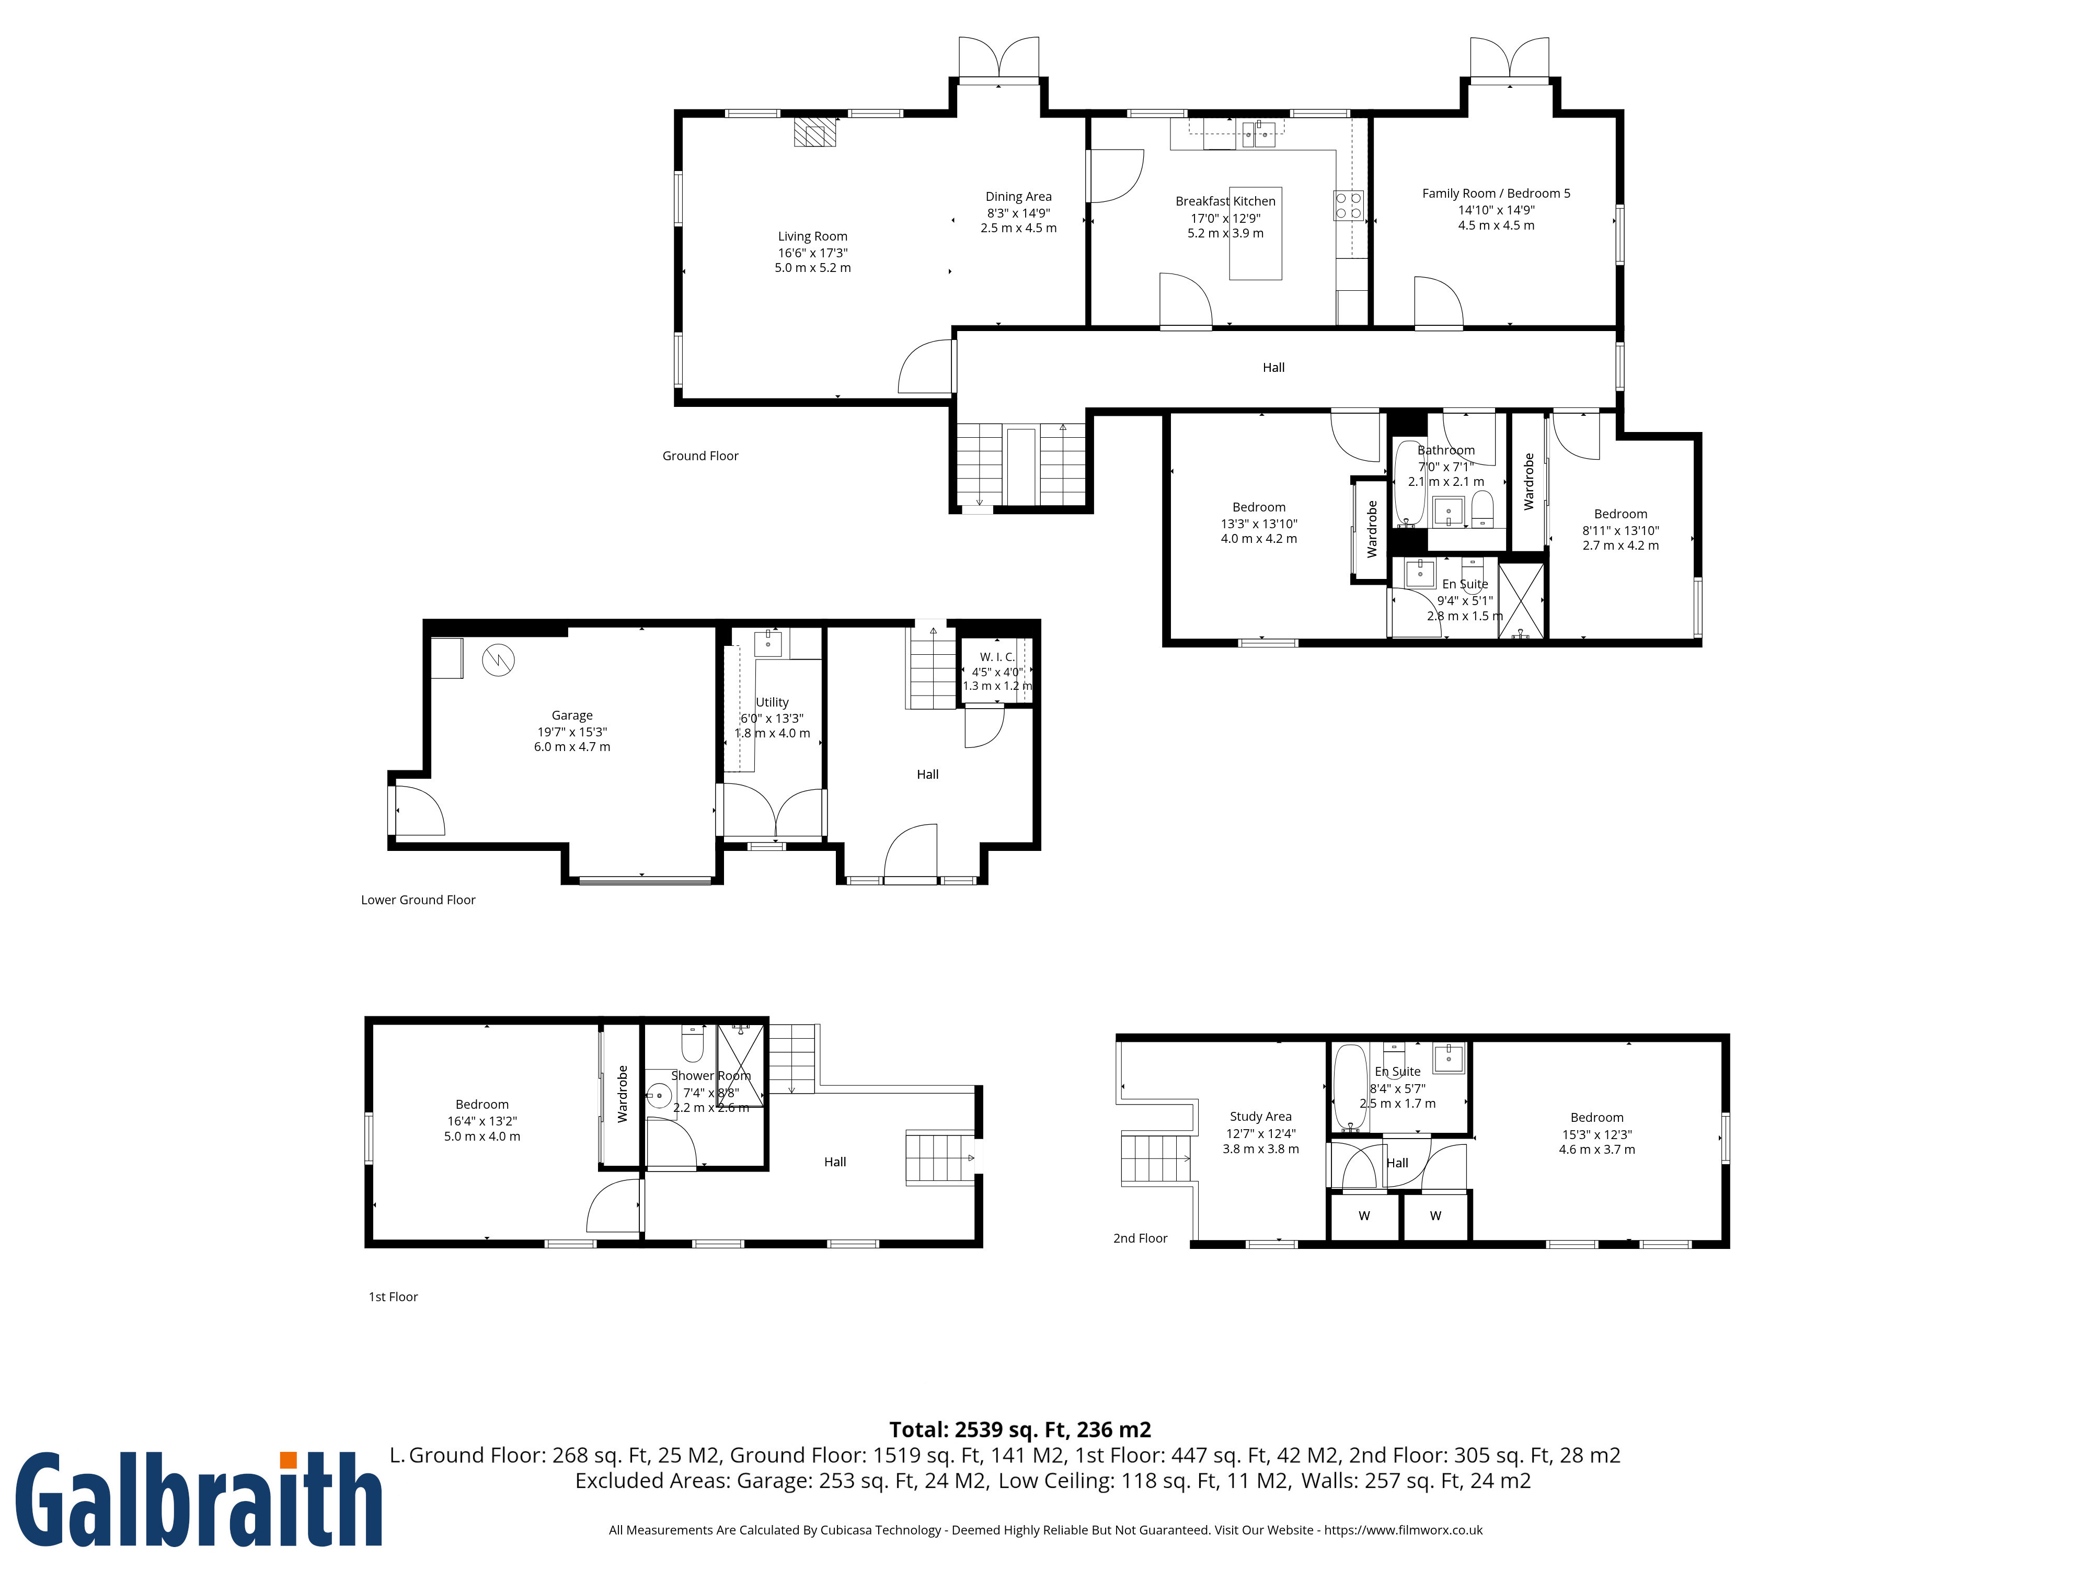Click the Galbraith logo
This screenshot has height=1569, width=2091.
point(199,1500)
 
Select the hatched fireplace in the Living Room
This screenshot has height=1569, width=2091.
point(815,132)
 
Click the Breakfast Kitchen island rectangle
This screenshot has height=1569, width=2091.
point(1255,233)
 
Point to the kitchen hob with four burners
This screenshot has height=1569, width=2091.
point(1349,205)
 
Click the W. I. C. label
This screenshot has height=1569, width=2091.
point(997,656)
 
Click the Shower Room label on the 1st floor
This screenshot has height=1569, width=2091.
point(711,1075)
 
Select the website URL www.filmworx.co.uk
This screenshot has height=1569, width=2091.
point(1403,1529)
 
